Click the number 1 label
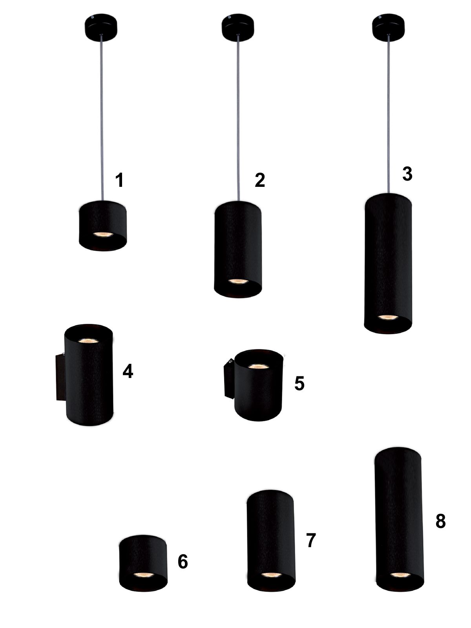[120, 180]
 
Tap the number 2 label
[260, 180]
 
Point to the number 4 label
[128, 371]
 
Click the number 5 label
[299, 383]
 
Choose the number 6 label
[183, 561]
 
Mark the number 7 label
[311, 540]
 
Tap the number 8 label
[441, 521]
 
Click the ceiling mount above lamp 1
[101, 27]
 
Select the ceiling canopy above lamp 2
[238, 27]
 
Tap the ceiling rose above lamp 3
[388, 27]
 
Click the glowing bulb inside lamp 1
[103, 235]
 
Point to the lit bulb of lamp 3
[388, 317]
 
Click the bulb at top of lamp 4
[88, 341]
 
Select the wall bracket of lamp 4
[60, 377]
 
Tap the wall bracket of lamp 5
[229, 378]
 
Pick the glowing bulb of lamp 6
[144, 575]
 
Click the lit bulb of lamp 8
[400, 575]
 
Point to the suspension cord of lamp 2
[238, 118]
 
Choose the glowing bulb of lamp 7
[272, 575]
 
